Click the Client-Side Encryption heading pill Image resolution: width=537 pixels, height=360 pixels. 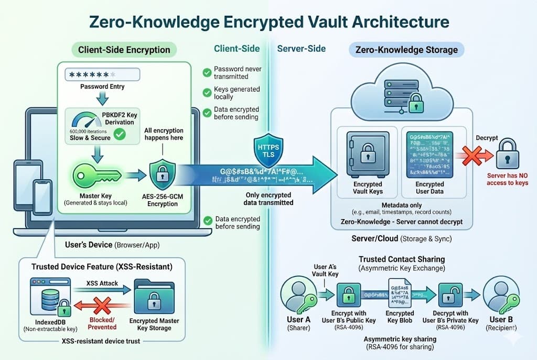coord(124,50)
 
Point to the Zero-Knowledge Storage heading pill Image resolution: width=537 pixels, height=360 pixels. coord(406,50)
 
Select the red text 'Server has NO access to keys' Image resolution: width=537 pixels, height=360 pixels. coord(507,179)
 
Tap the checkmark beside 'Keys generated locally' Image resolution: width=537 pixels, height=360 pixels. coord(207,93)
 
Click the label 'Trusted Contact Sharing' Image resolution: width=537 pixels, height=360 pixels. coord(402,259)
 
